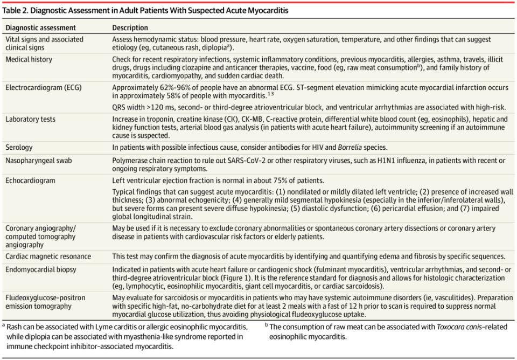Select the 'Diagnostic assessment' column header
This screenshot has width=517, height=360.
pyautogui.click(x=40, y=27)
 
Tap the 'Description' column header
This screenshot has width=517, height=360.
pyautogui.click(x=130, y=27)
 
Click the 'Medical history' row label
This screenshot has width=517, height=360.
pyautogui.click(x=28, y=59)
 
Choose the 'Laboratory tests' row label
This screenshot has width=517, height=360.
pyautogui.click(x=30, y=119)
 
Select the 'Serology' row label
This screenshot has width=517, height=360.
pyautogui.click(x=19, y=147)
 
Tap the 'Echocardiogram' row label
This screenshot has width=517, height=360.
pyautogui.click(x=30, y=181)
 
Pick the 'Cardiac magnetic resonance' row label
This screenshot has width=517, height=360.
pyautogui.click(x=48, y=257)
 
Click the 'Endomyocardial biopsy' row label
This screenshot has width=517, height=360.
pyautogui.click(x=41, y=269)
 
